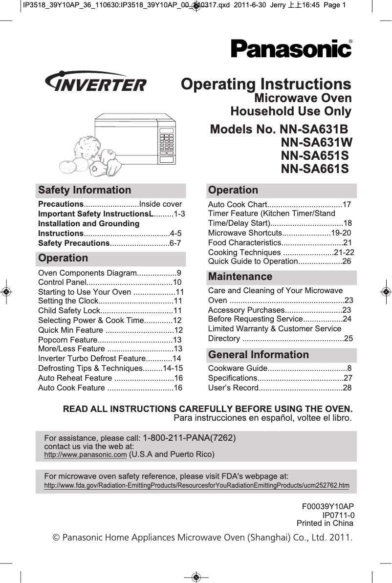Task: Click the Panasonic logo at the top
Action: [x=291, y=49]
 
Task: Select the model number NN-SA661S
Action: [x=315, y=169]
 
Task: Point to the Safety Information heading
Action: [x=85, y=190]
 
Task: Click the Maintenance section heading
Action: [x=240, y=277]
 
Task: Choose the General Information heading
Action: [x=259, y=355]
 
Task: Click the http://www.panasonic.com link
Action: [x=86, y=455]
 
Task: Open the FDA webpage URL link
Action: [x=196, y=485]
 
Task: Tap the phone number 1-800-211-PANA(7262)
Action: [x=189, y=438]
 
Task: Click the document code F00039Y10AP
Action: [x=328, y=507]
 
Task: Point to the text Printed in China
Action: [x=325, y=523]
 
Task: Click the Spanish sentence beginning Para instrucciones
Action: [x=262, y=418]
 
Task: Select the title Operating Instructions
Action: [x=266, y=84]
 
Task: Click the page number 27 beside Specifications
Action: [x=348, y=378]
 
